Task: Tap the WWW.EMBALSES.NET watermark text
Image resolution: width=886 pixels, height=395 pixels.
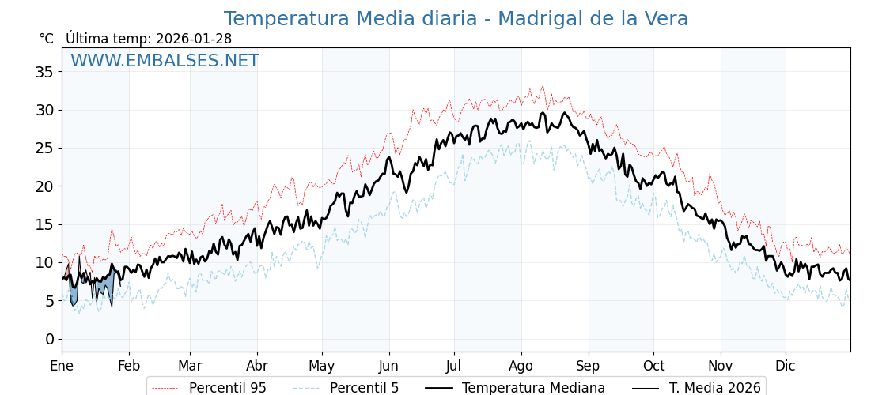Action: (x=165, y=61)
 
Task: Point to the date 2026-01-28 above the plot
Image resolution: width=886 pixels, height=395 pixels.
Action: (x=194, y=39)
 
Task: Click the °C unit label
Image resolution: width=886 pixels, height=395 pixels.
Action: (x=46, y=39)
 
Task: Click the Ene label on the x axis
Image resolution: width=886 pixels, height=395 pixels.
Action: (x=62, y=366)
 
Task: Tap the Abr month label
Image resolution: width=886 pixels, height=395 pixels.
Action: (x=256, y=366)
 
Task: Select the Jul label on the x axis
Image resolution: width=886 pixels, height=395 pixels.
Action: (x=454, y=366)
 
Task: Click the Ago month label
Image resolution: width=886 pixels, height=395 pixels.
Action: (x=521, y=366)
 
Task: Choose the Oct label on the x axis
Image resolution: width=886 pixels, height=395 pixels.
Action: (x=653, y=366)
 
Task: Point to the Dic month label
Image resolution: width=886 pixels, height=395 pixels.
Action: (x=786, y=366)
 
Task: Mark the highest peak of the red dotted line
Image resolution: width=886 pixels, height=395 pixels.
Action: (x=543, y=86)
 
